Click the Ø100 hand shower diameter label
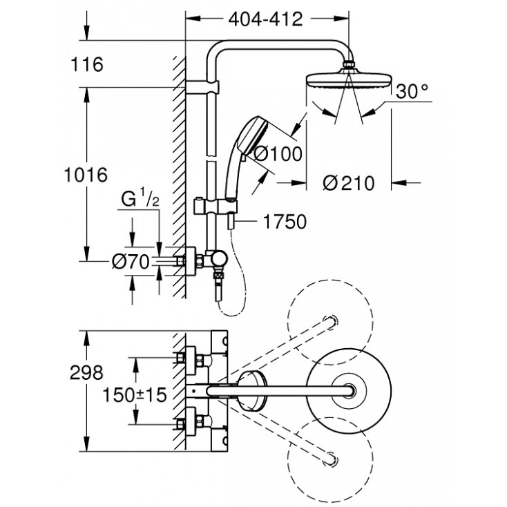point(278,155)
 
